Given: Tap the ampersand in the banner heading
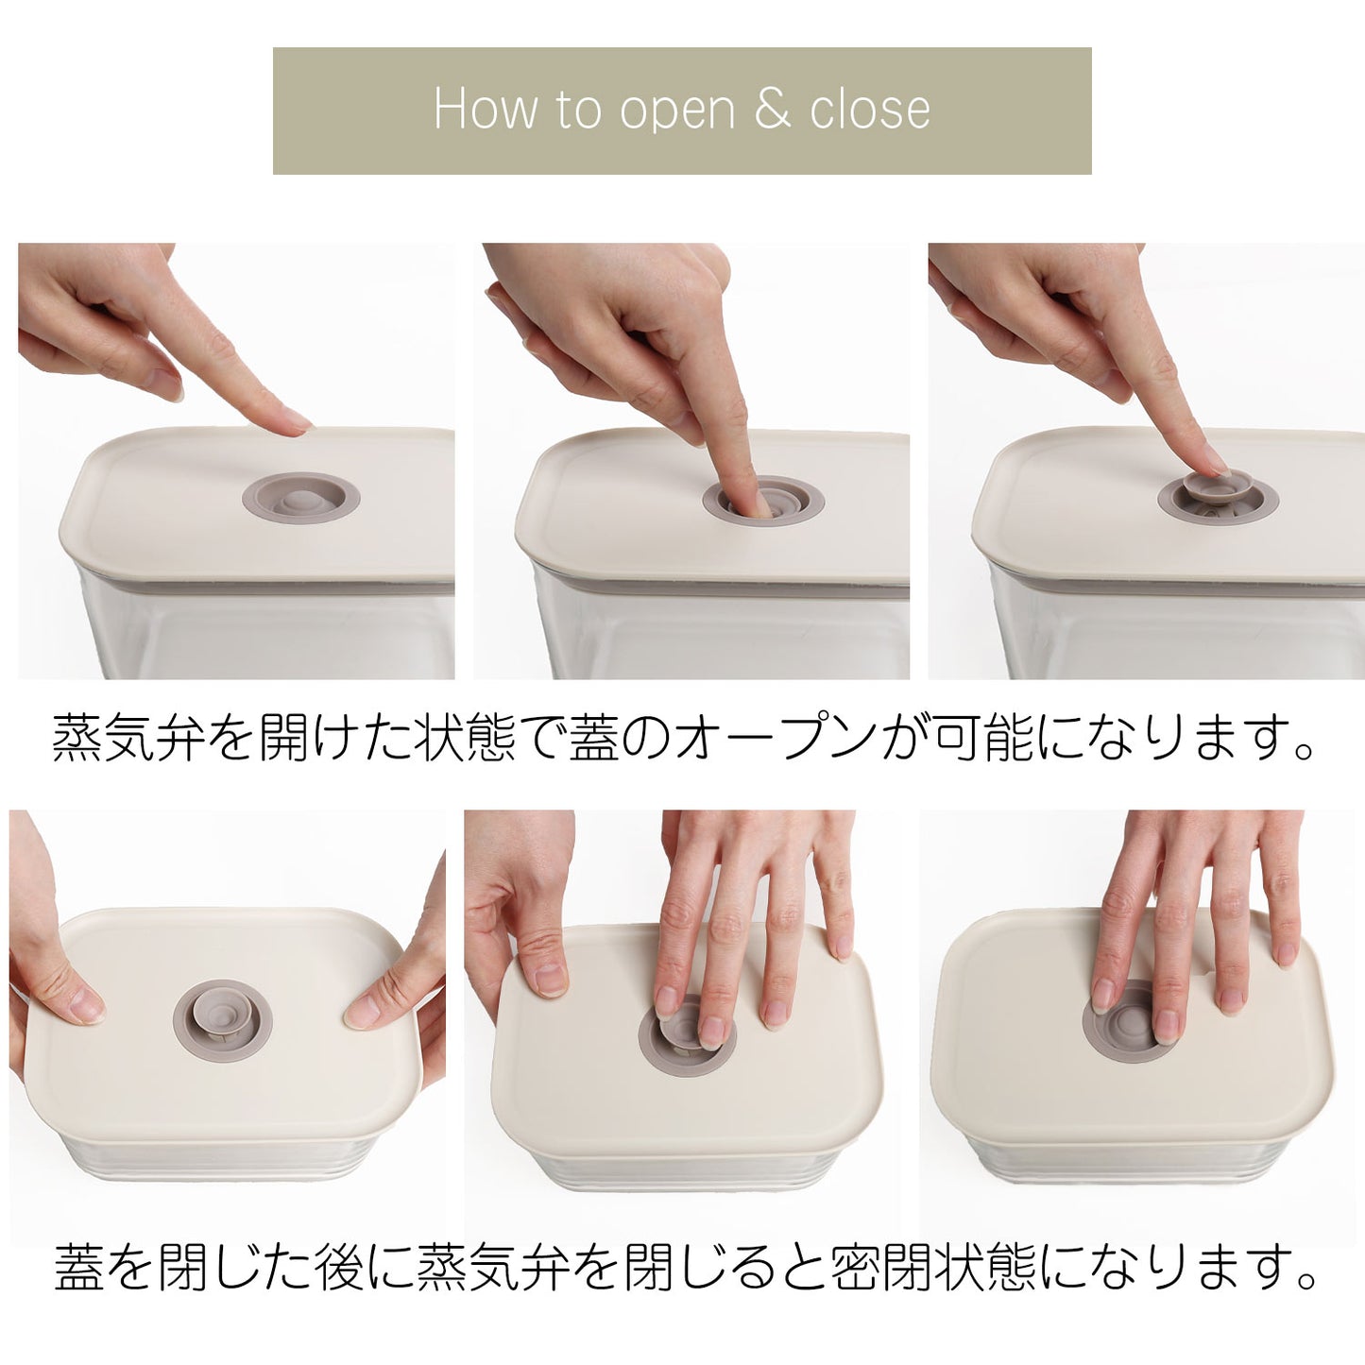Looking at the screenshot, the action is [773, 110].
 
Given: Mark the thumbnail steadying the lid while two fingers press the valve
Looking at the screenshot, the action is [549, 980].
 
